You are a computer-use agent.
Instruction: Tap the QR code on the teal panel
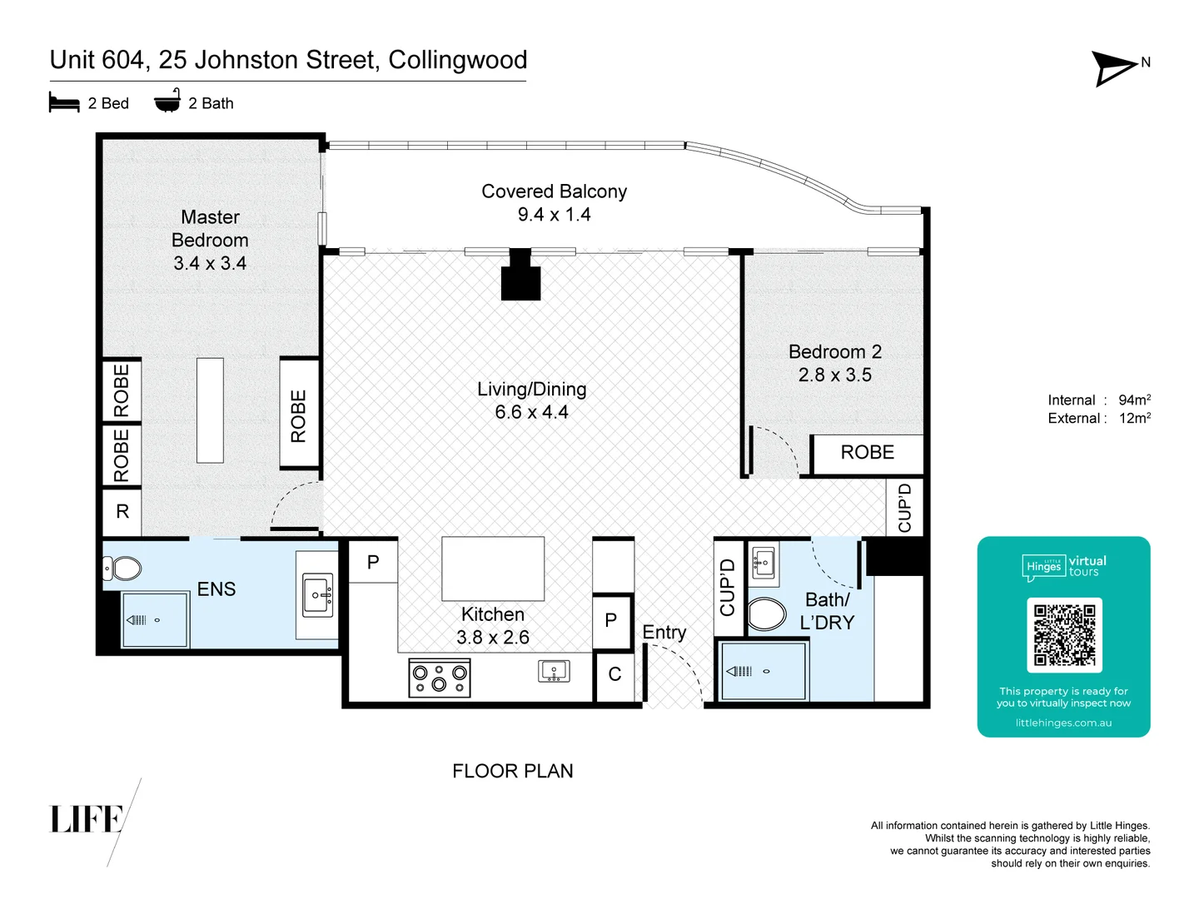pyautogui.click(x=1064, y=635)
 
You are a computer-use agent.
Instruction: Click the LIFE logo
pyautogui.click(x=87, y=819)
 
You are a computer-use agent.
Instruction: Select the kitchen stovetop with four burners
pyautogui.click(x=440, y=678)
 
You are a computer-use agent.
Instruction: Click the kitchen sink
pyautogui.click(x=554, y=671)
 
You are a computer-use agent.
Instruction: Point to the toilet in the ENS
pyautogui.click(x=122, y=569)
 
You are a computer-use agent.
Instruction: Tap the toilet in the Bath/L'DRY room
pyautogui.click(x=767, y=615)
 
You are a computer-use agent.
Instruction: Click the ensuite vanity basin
pyautogui.click(x=317, y=594)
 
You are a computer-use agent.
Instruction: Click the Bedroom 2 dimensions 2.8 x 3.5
pyautogui.click(x=834, y=375)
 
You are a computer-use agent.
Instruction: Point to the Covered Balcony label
pyautogui.click(x=554, y=191)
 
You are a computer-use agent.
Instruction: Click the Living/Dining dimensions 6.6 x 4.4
pyautogui.click(x=531, y=412)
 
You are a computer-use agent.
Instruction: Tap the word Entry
pyautogui.click(x=664, y=633)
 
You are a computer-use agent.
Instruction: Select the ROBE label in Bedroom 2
pyautogui.click(x=867, y=453)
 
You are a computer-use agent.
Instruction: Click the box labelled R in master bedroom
pyautogui.click(x=122, y=512)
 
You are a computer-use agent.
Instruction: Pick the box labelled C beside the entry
pyautogui.click(x=614, y=675)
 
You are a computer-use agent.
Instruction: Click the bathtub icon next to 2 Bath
pyautogui.click(x=167, y=101)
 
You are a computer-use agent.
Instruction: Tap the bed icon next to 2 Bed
pyautogui.click(x=64, y=102)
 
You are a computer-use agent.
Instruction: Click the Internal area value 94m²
pyautogui.click(x=1134, y=400)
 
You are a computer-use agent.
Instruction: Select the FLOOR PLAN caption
pyautogui.click(x=512, y=771)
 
